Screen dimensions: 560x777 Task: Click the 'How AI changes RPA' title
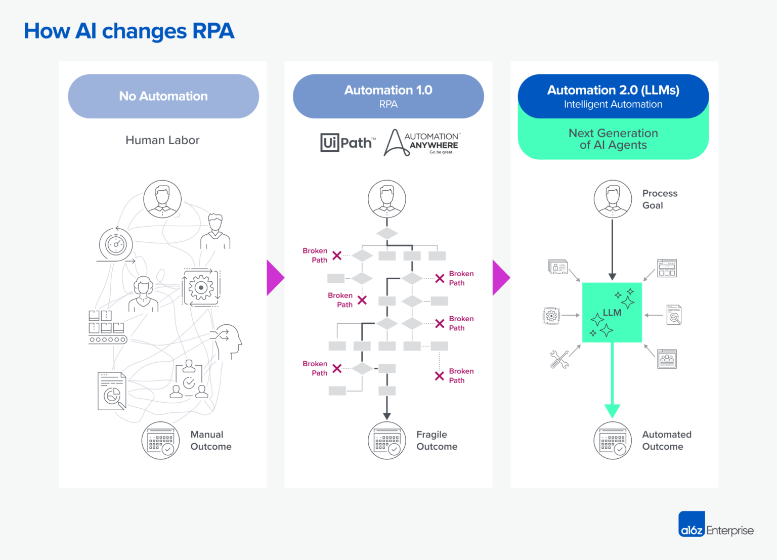coord(129,31)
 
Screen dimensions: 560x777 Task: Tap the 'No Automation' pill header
coord(163,96)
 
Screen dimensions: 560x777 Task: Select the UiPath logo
coord(348,143)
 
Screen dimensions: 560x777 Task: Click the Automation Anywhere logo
coord(421,143)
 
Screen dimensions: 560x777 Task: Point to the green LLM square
coord(612,313)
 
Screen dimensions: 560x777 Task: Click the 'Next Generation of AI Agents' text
coord(613,139)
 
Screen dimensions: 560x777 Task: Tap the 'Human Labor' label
coord(162,140)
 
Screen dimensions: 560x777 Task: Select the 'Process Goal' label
coord(659,199)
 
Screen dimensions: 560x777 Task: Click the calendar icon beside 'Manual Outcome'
coord(161,441)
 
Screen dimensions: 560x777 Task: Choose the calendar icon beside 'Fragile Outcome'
coord(387,441)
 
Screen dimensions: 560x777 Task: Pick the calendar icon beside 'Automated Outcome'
coord(613,441)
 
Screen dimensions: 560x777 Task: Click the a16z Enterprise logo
coord(715,525)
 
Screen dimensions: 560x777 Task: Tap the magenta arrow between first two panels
coord(275,278)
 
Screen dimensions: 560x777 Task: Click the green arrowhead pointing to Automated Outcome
coord(612,410)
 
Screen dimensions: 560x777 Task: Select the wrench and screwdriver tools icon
coord(559,359)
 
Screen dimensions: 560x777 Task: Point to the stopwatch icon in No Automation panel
coord(116,244)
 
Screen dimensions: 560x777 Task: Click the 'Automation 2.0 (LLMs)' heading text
coord(613,90)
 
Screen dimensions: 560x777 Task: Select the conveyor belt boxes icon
coord(107,327)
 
